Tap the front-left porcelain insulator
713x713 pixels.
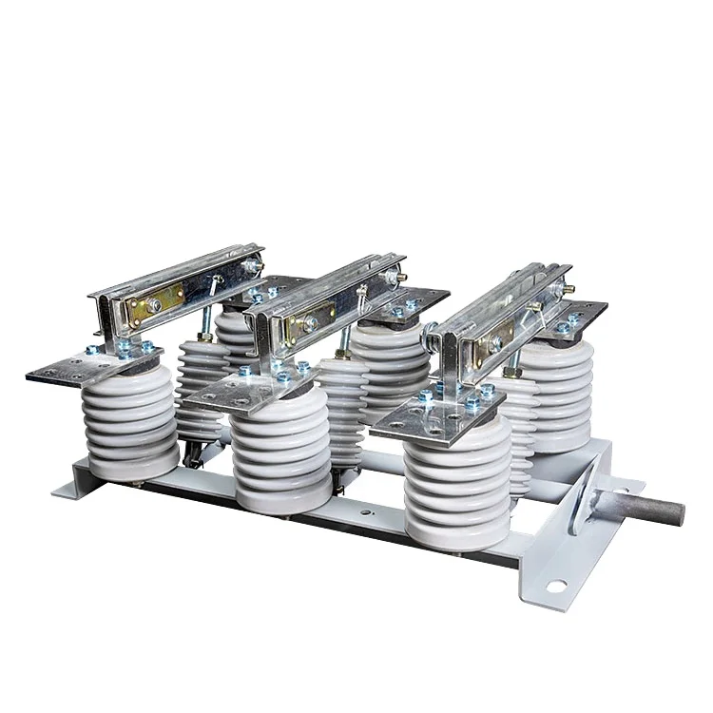[x=132, y=418]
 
